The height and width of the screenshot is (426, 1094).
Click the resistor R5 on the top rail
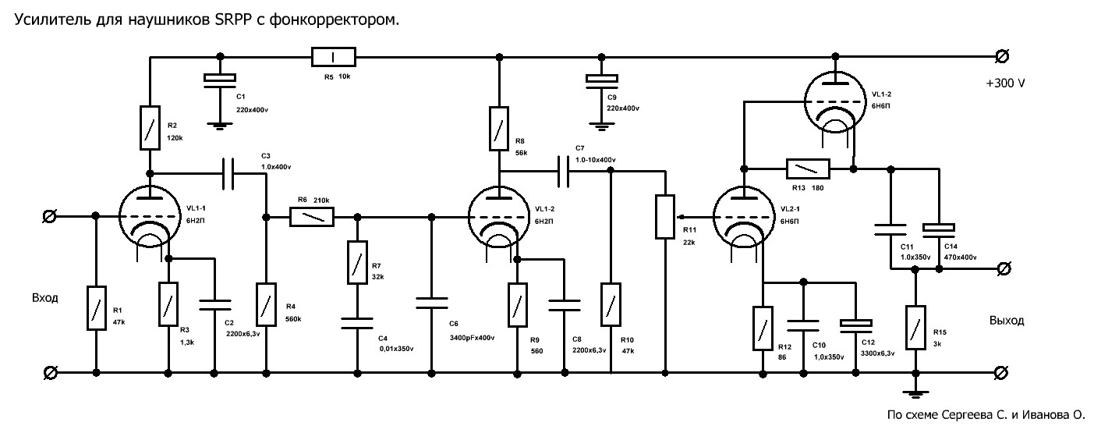pyautogui.click(x=334, y=57)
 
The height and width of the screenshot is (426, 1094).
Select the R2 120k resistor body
pyautogui.click(x=150, y=127)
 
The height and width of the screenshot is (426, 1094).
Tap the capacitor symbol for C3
pyautogui.click(x=228, y=173)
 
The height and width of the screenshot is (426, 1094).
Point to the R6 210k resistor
pyautogui.click(x=312, y=216)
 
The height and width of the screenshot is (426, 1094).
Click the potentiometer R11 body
pyautogui.click(x=664, y=217)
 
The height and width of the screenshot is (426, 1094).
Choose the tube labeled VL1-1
pyautogui.click(x=150, y=216)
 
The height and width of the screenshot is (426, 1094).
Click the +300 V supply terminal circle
pyautogui.click(x=1002, y=57)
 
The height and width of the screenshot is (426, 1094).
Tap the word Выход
pyautogui.click(x=1007, y=321)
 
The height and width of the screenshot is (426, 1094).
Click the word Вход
pyautogui.click(x=45, y=298)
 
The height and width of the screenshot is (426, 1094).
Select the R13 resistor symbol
pyautogui.click(x=808, y=169)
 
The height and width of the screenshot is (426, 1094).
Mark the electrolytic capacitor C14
pyautogui.click(x=939, y=228)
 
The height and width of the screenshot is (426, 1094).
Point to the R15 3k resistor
pyautogui.click(x=915, y=328)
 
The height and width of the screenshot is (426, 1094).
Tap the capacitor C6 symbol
pyautogui.click(x=432, y=303)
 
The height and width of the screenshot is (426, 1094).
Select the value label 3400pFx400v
pyautogui.click(x=472, y=338)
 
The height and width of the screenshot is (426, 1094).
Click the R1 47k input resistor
pyautogui.click(x=96, y=307)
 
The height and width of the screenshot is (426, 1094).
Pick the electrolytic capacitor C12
pyautogui.click(x=855, y=324)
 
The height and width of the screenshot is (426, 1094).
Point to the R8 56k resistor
pyautogui.click(x=499, y=128)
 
